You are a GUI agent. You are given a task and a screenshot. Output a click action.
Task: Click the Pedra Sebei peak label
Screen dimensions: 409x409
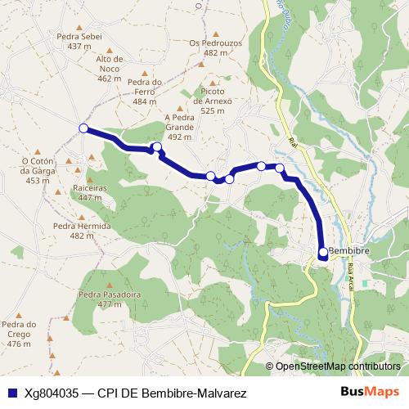(x=79, y=42)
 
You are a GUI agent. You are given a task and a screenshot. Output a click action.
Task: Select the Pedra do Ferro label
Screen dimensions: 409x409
(x=145, y=91)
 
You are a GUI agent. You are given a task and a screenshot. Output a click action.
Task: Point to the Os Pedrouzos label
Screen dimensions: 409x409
(x=214, y=47)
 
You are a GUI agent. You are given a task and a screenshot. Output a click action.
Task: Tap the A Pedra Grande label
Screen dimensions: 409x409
(x=178, y=128)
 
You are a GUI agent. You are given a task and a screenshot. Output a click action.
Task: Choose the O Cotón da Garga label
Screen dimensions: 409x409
(x=38, y=170)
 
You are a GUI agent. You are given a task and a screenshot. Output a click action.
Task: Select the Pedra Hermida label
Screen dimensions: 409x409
(x=77, y=231)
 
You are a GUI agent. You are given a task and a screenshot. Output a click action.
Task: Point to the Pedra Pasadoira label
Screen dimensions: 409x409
(x=104, y=299)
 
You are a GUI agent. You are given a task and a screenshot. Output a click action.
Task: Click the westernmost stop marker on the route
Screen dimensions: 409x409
(x=83, y=128)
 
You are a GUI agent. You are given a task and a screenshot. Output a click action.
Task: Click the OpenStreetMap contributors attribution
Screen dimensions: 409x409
(x=339, y=366)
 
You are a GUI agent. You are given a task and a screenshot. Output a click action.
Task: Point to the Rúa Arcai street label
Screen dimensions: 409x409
(x=353, y=273)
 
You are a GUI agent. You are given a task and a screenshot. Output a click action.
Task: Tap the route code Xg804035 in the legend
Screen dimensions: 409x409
(x=52, y=393)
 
